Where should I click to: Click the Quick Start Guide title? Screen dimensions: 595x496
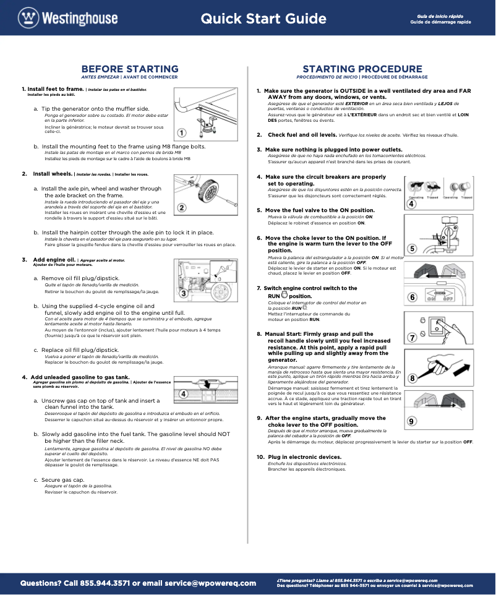click(263, 19)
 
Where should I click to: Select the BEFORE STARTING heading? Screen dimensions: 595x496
click(130, 69)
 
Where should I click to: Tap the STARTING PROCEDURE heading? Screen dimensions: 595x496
click(362, 69)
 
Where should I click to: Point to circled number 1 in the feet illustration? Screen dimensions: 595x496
click(181, 132)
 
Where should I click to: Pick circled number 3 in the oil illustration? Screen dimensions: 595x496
click(183, 292)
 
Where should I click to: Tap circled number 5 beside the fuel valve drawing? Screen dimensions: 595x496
click(413, 249)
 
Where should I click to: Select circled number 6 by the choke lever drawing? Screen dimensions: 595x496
click(413, 297)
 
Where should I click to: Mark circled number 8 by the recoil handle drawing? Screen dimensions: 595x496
click(413, 377)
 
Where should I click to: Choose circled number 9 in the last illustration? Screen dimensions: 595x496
click(413, 421)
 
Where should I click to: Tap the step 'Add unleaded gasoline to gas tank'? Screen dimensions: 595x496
click(79, 377)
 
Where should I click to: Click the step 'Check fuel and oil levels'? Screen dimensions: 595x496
click(302, 134)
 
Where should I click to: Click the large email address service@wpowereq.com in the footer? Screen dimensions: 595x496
click(210, 583)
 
